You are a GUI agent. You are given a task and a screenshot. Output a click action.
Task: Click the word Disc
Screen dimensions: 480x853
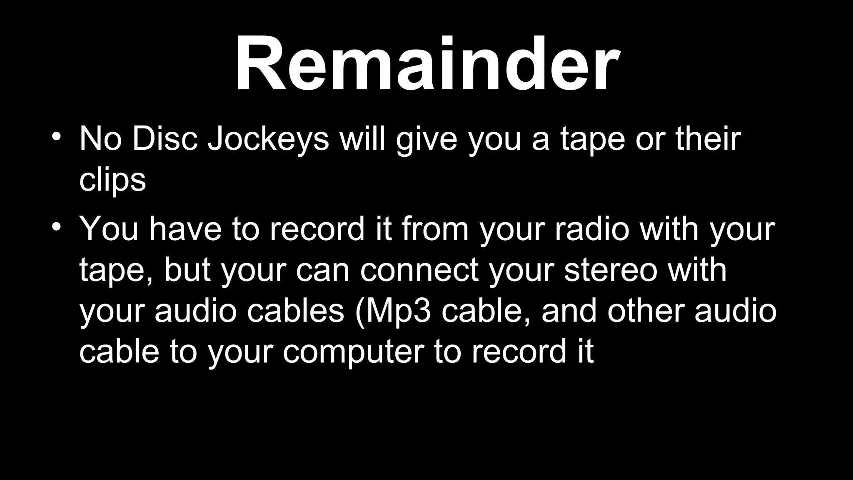pyautogui.click(x=165, y=138)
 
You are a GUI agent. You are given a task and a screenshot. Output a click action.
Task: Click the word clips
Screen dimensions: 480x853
pyautogui.click(x=112, y=180)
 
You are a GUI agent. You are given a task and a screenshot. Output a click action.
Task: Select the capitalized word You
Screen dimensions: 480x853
pyautogui.click(x=109, y=229)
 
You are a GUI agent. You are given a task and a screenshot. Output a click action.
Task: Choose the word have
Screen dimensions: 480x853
pyautogui.click(x=185, y=229)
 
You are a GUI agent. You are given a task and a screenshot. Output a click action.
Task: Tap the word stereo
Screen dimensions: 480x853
pyautogui.click(x=611, y=270)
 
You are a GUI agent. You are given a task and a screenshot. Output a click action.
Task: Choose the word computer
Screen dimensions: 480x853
pyautogui.click(x=353, y=352)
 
